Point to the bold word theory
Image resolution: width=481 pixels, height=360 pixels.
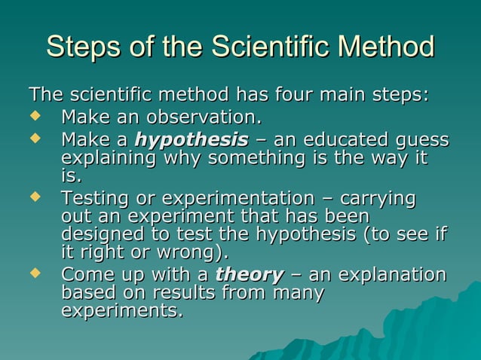click(x=250, y=274)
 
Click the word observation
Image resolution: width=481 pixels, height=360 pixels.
click(x=202, y=118)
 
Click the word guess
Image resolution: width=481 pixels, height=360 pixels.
click(x=420, y=141)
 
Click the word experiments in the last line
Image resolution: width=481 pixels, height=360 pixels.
click(x=120, y=310)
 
